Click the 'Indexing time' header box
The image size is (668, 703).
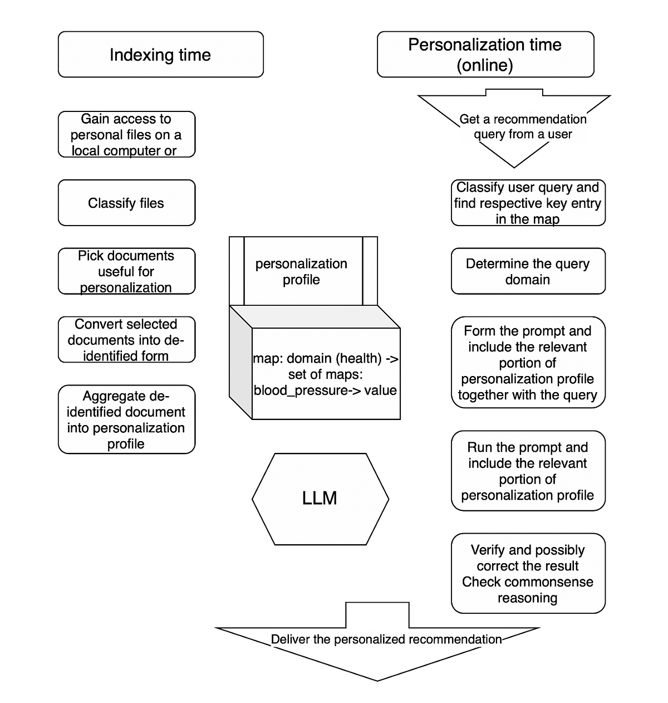click(160, 55)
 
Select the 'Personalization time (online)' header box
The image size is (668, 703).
click(485, 55)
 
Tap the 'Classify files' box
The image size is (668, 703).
click(126, 203)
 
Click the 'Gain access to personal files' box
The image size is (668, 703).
click(126, 134)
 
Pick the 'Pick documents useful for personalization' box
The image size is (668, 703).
click(126, 271)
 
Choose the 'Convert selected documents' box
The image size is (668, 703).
click(126, 340)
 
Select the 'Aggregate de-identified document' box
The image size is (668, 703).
click(126, 419)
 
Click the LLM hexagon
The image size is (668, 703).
click(320, 499)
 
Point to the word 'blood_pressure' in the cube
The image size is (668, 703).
click(292, 390)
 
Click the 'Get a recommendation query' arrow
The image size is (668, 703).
click(514, 128)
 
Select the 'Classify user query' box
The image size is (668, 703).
click(528, 203)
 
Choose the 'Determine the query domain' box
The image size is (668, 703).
click(528, 271)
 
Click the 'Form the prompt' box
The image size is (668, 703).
click(528, 363)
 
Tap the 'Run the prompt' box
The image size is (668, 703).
click(528, 471)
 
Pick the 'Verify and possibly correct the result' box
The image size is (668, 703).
click(528, 573)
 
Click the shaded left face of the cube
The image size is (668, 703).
click(240, 362)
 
